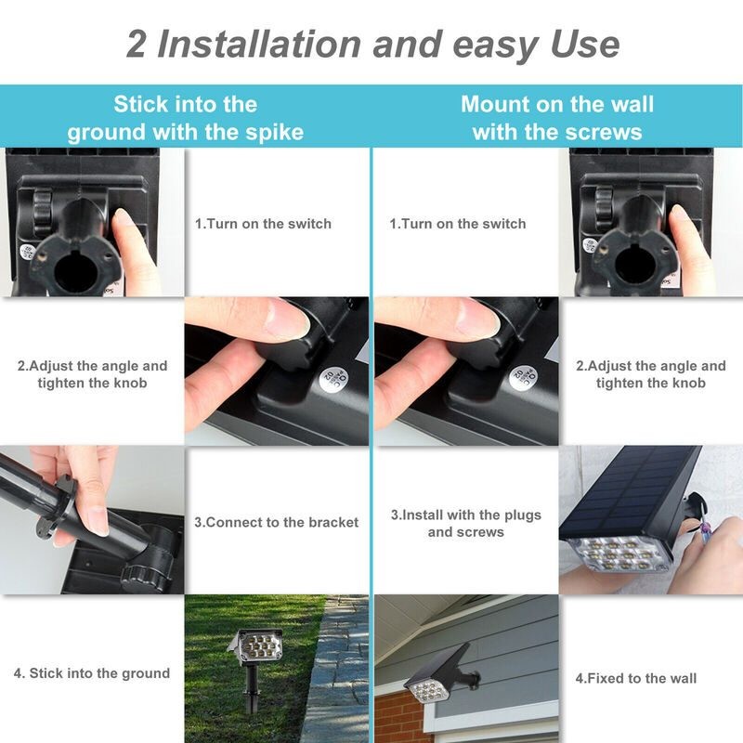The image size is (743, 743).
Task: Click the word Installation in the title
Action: pos(256,44)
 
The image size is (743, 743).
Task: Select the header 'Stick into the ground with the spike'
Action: pos(185,117)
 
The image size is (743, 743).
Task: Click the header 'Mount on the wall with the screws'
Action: pos(557,117)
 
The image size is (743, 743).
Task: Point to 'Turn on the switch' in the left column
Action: pos(263,224)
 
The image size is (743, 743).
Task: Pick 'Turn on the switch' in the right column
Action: pos(458,224)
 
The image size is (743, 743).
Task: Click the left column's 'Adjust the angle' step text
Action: pos(92,374)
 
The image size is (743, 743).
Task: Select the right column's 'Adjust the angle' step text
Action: pos(650,374)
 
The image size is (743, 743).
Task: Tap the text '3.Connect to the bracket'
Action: pos(276,522)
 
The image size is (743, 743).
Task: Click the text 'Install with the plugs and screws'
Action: pos(465,523)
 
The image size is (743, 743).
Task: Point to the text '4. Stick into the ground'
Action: pos(92,672)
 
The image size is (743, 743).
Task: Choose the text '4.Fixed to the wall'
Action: pos(635,678)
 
